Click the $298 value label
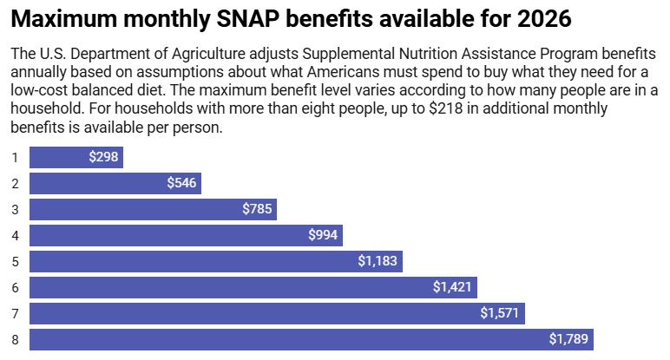[102, 157]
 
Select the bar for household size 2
[115, 183]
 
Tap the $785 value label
[257, 209]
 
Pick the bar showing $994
[186, 235]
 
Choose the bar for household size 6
[253, 287]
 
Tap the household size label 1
[15, 157]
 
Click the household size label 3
[15, 209]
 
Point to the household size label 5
[15, 261]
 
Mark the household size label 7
[15, 313]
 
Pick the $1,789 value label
[568, 339]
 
